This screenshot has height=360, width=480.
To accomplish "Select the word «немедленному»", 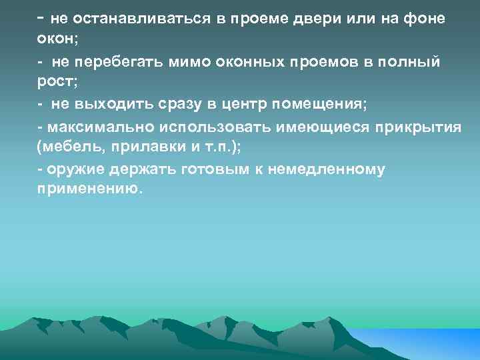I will pyautogui.click(x=327, y=169).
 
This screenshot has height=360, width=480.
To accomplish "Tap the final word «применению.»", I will pyautogui.click(x=90, y=190).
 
